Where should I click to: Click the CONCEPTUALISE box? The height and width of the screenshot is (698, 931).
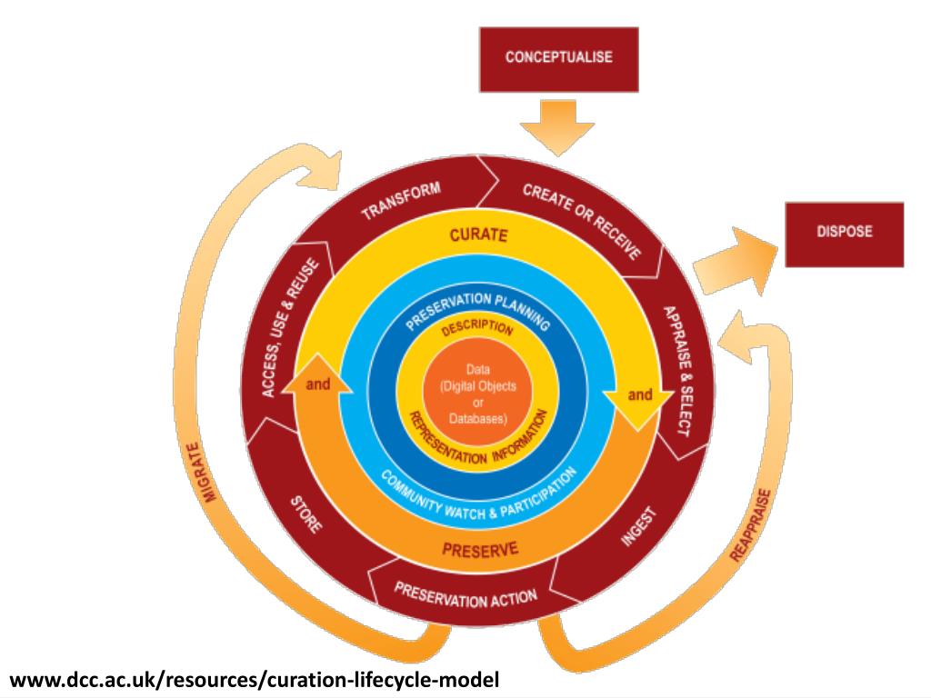(x=558, y=58)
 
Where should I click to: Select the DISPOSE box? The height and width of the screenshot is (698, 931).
(x=844, y=233)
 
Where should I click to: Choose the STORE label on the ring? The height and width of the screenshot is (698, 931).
(x=305, y=514)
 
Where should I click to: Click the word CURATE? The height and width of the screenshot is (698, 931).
(x=477, y=235)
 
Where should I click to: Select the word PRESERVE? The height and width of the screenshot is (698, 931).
(x=480, y=548)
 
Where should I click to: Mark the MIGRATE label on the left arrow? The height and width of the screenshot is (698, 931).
(x=202, y=473)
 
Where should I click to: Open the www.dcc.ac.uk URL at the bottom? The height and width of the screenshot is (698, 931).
(x=255, y=679)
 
